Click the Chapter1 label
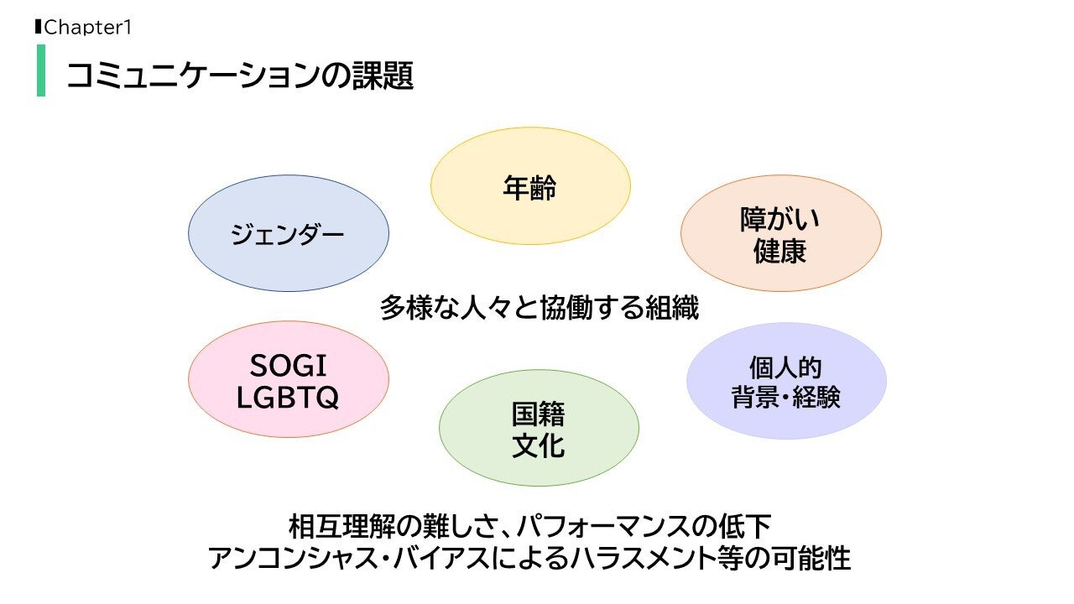click(87, 28)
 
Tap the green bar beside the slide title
click(41, 70)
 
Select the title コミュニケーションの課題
click(239, 75)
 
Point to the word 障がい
click(779, 219)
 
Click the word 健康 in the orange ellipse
click(779, 252)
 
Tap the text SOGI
click(288, 366)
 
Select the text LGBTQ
click(288, 398)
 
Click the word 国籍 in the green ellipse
click(538, 414)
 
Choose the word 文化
click(538, 445)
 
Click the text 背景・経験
click(785, 398)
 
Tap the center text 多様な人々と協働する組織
click(539, 308)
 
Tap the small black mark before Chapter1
click(38, 27)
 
